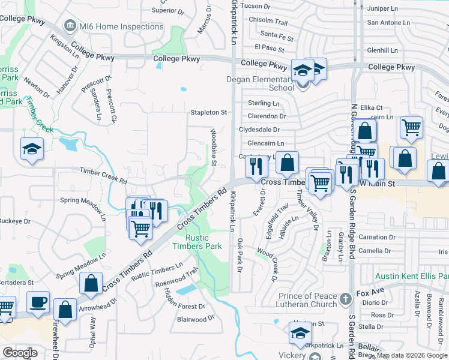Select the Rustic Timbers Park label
click(197, 242)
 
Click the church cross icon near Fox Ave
click(345, 298)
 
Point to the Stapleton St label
click(209, 112)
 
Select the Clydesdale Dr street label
click(259, 130)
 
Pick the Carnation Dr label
click(377, 237)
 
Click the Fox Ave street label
click(369, 293)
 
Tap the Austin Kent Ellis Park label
click(412, 277)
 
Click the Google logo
click(20, 353)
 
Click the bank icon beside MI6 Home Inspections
click(70, 26)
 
